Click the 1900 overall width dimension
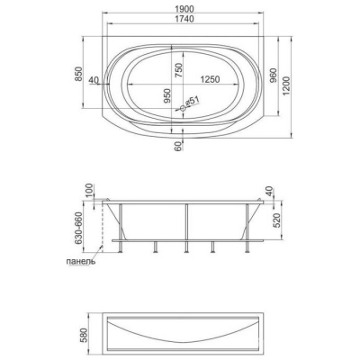pos(183,8)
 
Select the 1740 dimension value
pos(183,19)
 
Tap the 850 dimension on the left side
pos(78,74)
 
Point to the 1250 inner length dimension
pos(210,79)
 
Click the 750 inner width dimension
pos(178,70)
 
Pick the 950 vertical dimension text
pos(167,96)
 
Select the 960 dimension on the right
pos(274,76)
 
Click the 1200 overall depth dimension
pos(286,86)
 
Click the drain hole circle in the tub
pos(183,108)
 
